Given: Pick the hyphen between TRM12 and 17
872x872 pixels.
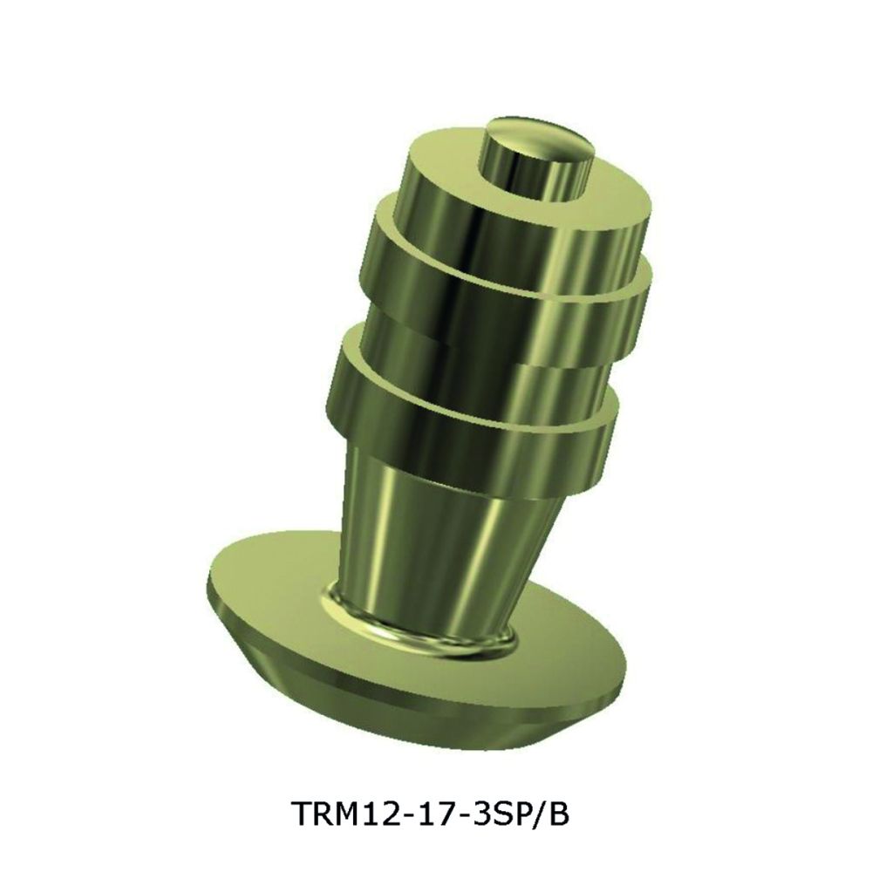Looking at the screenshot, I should click(x=408, y=817).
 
